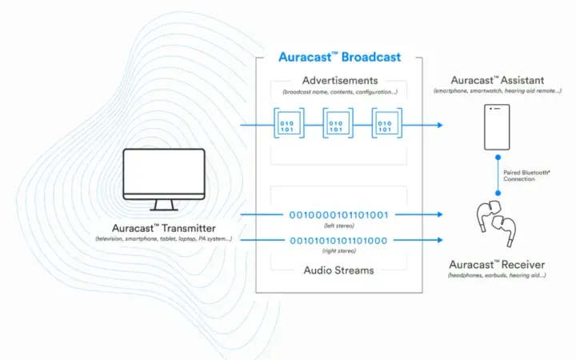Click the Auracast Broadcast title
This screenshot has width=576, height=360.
coord(339,58)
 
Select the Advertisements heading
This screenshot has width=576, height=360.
coord(339,81)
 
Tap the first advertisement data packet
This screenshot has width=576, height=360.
coord(286,125)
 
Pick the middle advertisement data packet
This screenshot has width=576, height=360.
coord(337,125)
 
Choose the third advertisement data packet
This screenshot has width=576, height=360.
coord(386,125)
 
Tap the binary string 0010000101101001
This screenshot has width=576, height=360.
coord(339,214)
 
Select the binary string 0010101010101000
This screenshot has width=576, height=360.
coord(339,241)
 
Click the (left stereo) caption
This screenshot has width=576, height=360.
coord(339,226)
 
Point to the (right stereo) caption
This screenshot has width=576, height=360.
coord(339,252)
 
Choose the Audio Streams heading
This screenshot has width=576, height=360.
coord(339,270)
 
